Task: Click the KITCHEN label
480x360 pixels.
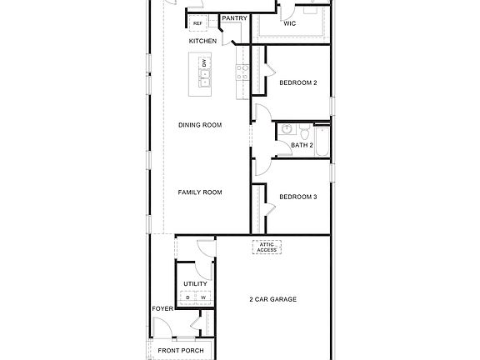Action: point(203,41)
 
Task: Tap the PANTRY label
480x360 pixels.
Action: point(234,18)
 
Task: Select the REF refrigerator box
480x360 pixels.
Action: point(198,23)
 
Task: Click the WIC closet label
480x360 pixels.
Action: point(290,23)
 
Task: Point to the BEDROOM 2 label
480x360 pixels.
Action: point(297,82)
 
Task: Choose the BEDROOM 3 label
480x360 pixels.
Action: point(297,197)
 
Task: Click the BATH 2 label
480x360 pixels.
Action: point(302,146)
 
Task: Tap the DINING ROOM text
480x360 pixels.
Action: point(200,125)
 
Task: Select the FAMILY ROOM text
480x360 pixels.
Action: point(200,192)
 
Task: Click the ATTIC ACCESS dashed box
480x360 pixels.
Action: point(267,247)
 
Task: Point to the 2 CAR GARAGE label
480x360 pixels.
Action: point(273,299)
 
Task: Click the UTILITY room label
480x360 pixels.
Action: point(195,283)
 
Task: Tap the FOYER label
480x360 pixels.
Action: point(162,309)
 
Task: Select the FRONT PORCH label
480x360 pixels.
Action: point(181,351)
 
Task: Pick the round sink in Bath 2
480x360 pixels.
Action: point(286,130)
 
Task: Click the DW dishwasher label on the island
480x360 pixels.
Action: point(205,63)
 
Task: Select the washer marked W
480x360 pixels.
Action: point(202,297)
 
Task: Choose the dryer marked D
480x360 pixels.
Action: point(188,297)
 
